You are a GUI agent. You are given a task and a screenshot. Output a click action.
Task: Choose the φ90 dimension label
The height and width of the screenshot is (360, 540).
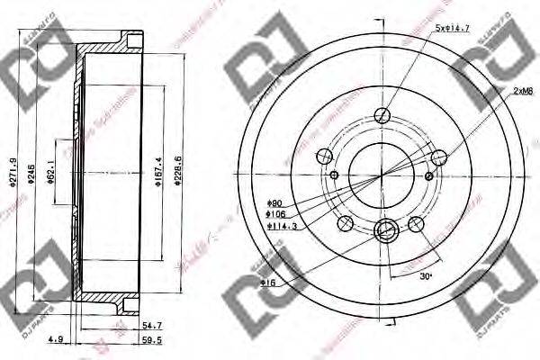pyautogui.click(x=274, y=203)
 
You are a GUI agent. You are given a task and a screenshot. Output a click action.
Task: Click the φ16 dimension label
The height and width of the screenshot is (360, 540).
pyautogui.click(x=268, y=283)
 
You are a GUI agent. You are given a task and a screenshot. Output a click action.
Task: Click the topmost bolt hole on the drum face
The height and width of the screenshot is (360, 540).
pyautogui.click(x=383, y=114)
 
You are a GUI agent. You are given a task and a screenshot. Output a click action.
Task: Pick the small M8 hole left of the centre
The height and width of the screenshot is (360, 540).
pyautogui.click(x=335, y=174)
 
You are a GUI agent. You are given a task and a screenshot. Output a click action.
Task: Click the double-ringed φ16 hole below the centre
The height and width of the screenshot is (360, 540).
pyautogui.click(x=384, y=230)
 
